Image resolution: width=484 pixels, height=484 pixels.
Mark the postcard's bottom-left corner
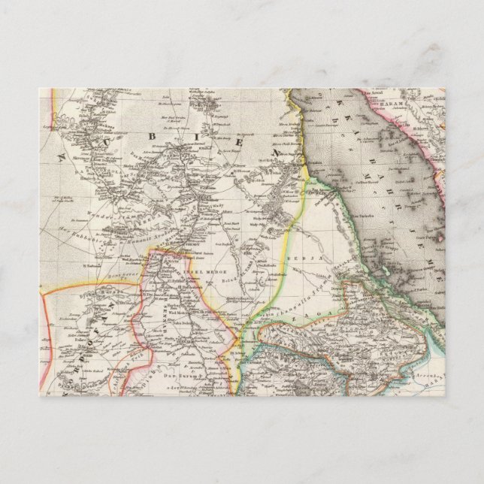pos(39,397)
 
